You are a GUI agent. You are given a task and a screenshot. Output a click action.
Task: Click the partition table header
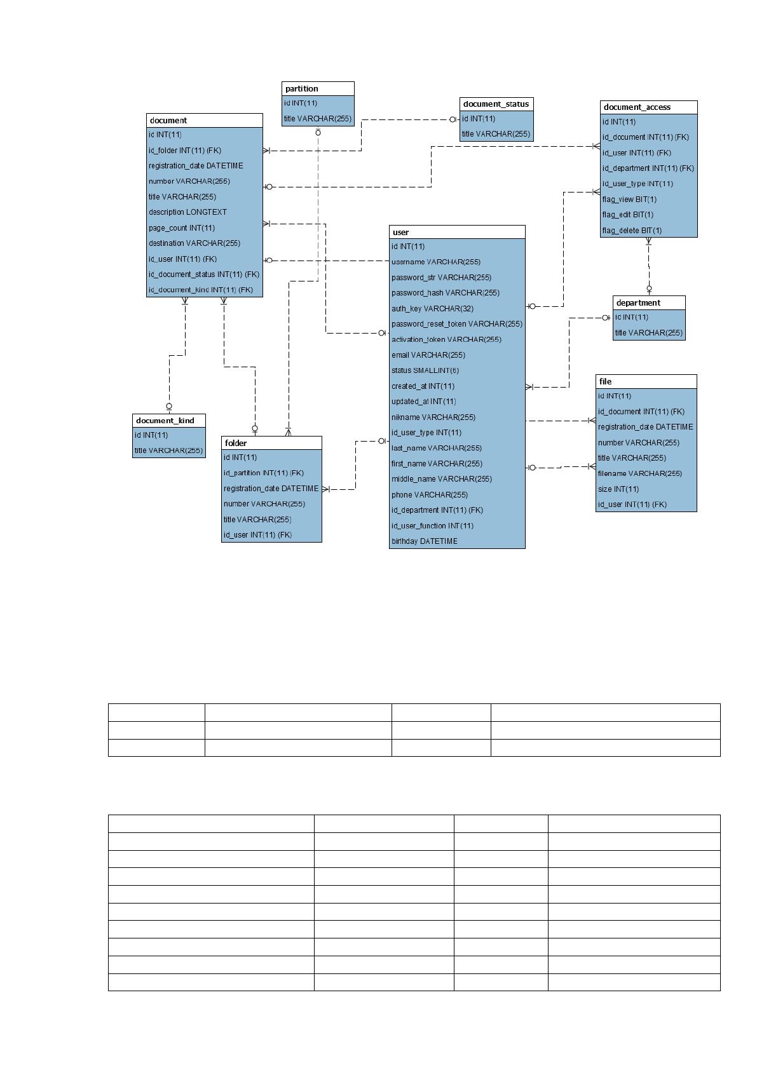pyautogui.click(x=301, y=89)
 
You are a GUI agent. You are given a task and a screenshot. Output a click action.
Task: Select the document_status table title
pyautogui.click(x=496, y=104)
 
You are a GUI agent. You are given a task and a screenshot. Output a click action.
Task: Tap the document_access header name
pyautogui.click(x=637, y=107)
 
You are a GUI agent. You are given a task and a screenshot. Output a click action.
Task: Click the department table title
pyautogui.click(x=638, y=303)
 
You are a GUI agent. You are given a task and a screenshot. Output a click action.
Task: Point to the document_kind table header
pyautogui.click(x=165, y=421)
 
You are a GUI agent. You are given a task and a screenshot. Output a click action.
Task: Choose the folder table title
pyautogui.click(x=236, y=444)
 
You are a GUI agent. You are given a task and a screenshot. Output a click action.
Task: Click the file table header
pyautogui.click(x=606, y=382)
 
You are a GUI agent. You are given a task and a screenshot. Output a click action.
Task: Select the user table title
pyautogui.click(x=400, y=233)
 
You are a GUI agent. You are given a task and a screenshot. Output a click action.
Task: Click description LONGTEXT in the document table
pyautogui.click(x=188, y=212)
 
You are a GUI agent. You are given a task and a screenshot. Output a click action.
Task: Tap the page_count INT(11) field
pyautogui.click(x=182, y=228)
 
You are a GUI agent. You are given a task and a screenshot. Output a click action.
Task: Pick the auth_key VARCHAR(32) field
pyautogui.click(x=432, y=309)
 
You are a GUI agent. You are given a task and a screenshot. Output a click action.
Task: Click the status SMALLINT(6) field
pyautogui.click(x=425, y=370)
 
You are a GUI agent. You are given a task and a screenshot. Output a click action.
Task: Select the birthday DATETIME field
pyautogui.click(x=425, y=541)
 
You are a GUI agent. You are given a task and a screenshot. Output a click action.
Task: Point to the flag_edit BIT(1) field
pyautogui.click(x=627, y=215)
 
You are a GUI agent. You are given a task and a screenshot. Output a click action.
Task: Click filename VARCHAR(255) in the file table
pyautogui.click(x=640, y=474)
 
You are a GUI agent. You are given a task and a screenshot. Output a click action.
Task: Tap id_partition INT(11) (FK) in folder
pyautogui.click(x=263, y=473)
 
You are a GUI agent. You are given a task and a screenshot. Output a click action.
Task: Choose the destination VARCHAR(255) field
pyautogui.click(x=194, y=243)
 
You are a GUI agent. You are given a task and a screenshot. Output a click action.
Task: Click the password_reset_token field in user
pyautogui.click(x=457, y=324)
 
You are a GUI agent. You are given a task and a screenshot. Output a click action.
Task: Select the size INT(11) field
pyautogui.click(x=618, y=489)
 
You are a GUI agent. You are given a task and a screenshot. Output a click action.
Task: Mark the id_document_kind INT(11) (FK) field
pyautogui.click(x=201, y=290)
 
